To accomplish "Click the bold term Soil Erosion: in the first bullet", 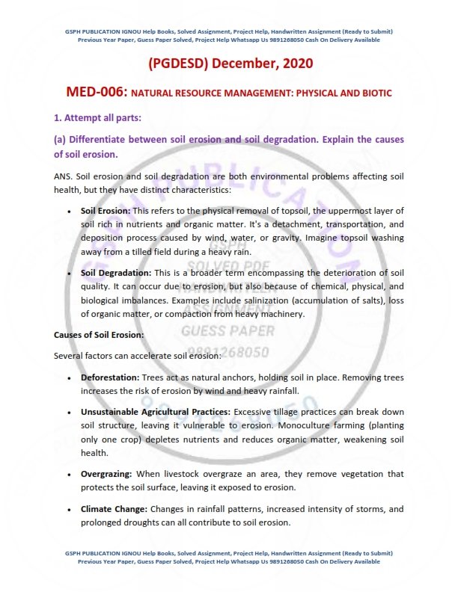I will click(x=106, y=211).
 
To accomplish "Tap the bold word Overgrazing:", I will click(x=106, y=474).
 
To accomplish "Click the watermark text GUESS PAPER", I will click(x=227, y=330).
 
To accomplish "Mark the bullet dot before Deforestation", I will click(x=70, y=378).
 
